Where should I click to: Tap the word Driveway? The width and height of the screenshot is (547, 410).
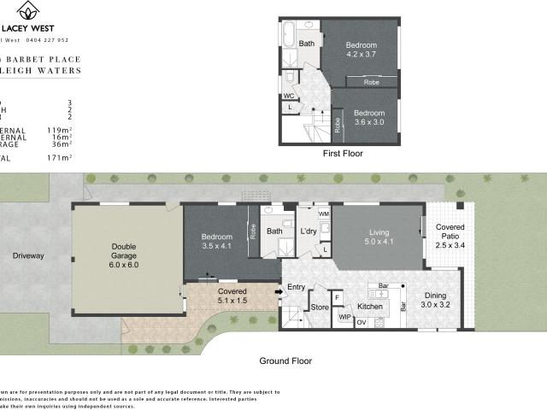(28, 255)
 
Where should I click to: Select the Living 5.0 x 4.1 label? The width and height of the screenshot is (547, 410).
(379, 237)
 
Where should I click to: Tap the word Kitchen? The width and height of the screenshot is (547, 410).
(370, 306)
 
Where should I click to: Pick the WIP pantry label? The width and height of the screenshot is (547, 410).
(345, 317)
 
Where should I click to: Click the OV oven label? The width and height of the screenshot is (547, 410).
(361, 322)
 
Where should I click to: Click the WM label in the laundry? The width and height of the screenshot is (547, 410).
(323, 213)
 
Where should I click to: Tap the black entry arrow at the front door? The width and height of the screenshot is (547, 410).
(278, 292)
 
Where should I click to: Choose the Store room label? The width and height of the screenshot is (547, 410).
(320, 307)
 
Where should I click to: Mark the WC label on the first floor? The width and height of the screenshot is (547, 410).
(289, 96)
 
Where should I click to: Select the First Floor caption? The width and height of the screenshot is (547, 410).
(342, 154)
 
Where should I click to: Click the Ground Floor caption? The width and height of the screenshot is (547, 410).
(285, 360)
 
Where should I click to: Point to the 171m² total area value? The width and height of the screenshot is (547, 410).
(60, 158)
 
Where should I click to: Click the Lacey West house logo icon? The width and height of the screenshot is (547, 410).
(30, 11)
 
